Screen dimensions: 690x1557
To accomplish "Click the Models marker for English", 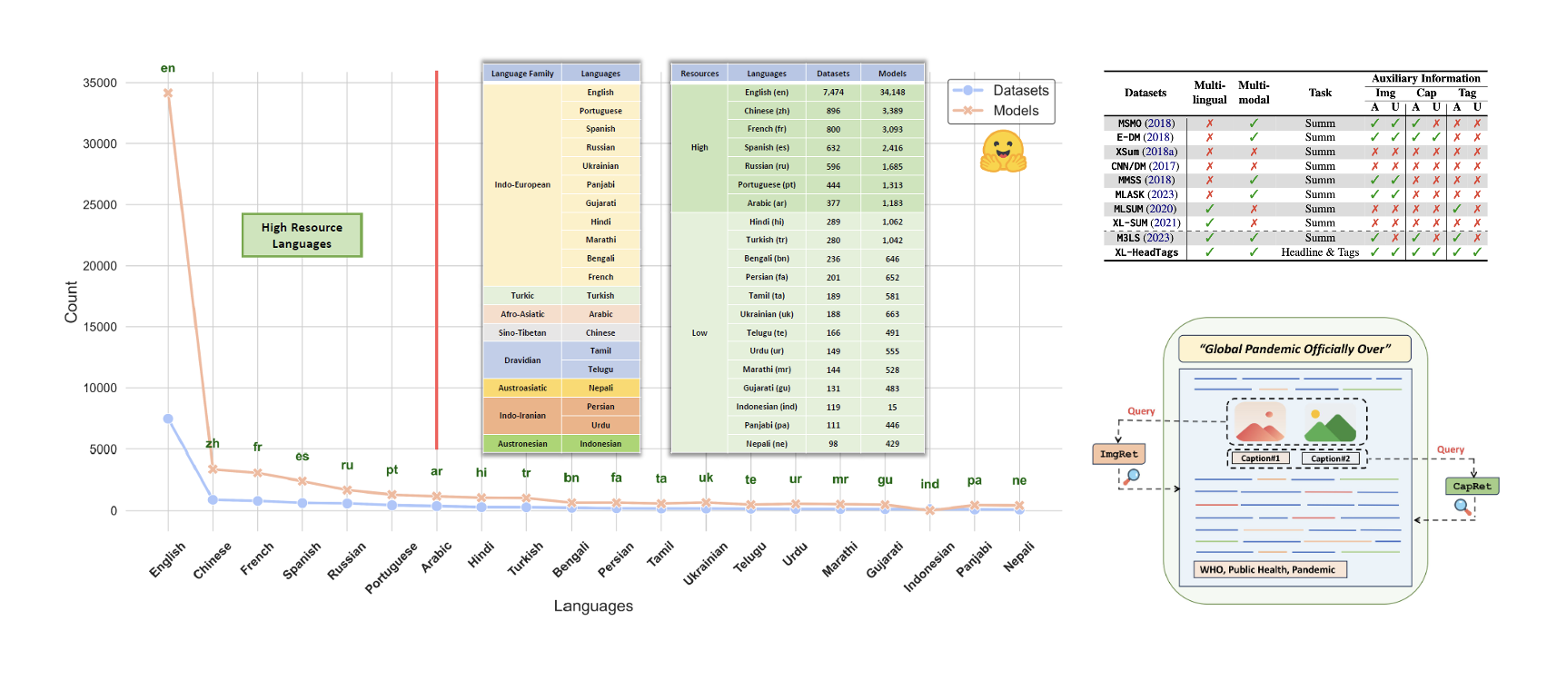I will pos(168,94).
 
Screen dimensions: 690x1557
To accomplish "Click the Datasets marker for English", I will pos(168,419).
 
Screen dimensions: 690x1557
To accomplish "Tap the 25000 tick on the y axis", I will pos(100,205).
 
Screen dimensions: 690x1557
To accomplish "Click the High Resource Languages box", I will pos(302,235).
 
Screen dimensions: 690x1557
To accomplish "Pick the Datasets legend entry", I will pos(1001,91).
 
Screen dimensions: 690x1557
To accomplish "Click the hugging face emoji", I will pos(1002,152).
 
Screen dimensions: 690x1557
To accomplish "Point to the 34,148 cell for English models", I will pos(892,92).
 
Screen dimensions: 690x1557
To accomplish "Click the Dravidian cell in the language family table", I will pos(522,360).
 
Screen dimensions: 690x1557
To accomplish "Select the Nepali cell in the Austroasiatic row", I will pos(600,388).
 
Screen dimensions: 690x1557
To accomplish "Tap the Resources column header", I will pos(699,74).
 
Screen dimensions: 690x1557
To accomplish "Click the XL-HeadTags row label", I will pos(1146,252).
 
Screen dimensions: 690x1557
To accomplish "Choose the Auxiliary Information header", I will pos(1425,79).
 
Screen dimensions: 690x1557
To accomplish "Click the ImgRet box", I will pos(1118,454).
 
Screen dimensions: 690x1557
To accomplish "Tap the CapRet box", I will pos(1472,486).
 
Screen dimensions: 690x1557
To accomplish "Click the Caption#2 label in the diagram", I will pos(1330,458).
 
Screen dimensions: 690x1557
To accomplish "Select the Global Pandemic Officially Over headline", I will pos(1294,349).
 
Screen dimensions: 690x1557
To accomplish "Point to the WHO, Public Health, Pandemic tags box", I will pos(1267,569).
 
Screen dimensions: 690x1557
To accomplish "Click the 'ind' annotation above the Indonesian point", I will pos(929,484).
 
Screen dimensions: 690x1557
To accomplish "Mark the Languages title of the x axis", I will pos(593,606).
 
